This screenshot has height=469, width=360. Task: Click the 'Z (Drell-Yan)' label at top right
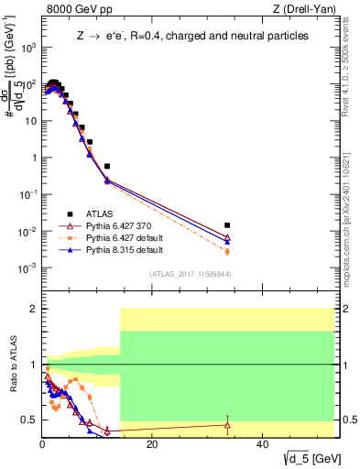[298, 10]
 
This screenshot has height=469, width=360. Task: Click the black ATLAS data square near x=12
[107, 167]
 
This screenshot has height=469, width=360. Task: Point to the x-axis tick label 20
[152, 444]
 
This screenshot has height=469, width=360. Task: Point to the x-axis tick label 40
[262, 444]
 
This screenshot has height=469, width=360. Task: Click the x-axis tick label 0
[43, 444]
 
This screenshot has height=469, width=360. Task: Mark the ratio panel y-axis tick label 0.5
[29, 420]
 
